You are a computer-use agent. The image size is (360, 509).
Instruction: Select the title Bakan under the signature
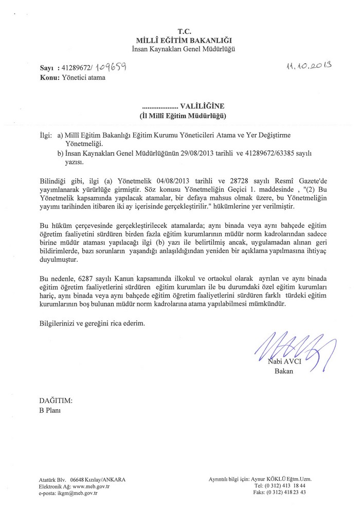tap(283, 372)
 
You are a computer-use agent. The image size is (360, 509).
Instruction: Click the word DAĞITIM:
tap(56, 400)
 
